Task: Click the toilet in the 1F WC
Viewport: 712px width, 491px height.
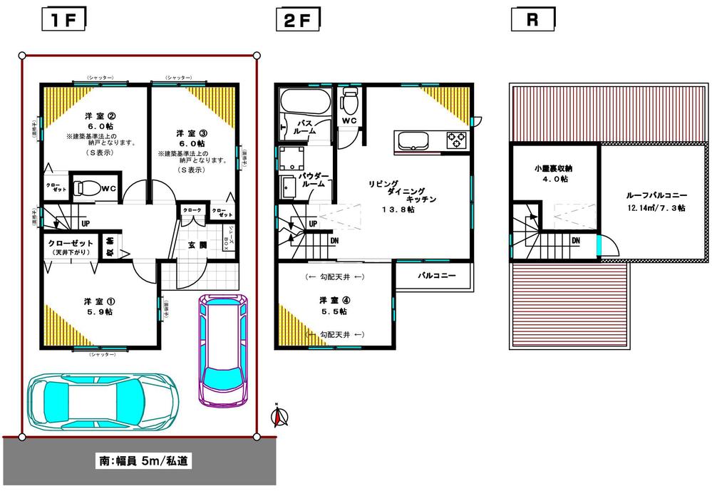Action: [88, 188]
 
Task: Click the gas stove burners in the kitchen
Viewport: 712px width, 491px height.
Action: [456, 140]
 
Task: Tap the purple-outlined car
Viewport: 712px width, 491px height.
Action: [222, 348]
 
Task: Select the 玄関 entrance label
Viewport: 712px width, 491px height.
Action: [196, 246]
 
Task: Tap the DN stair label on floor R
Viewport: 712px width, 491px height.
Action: [574, 241]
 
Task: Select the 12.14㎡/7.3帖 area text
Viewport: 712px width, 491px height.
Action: [656, 208]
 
